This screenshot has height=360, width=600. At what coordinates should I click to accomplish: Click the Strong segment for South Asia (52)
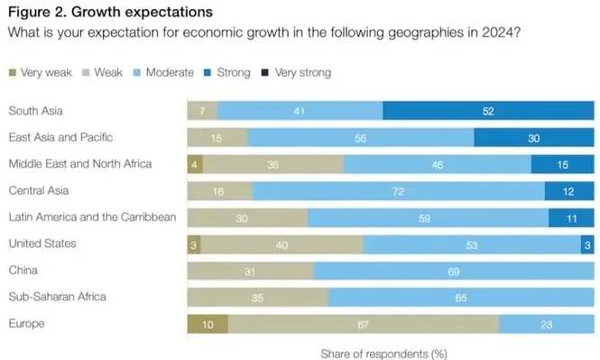coord(488,111)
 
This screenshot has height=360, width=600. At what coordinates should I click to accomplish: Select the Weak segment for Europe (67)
coord(363,324)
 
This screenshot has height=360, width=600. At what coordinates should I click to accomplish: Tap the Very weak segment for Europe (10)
coord(207,324)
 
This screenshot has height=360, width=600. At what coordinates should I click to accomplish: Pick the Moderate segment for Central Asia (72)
coord(398,191)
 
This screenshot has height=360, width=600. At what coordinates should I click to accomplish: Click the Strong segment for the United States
coord(586,245)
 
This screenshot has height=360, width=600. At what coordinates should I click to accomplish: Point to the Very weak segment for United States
coord(193,245)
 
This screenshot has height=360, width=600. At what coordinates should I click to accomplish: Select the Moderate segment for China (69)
coord(453,271)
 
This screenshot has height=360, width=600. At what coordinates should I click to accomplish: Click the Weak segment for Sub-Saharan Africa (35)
coord(257,298)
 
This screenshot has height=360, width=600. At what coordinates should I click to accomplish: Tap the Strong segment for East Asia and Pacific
coord(534,137)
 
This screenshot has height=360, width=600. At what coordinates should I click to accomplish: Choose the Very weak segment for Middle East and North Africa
coord(195,164)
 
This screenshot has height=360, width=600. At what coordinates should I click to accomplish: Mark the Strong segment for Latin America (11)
coord(571,217)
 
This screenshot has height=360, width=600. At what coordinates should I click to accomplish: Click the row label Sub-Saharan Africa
coord(57,297)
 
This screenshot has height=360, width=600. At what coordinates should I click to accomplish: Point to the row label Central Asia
coord(38,190)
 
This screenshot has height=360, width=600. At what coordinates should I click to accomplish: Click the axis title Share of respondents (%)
coord(383,352)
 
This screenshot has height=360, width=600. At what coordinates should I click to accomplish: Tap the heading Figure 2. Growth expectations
coord(110,13)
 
